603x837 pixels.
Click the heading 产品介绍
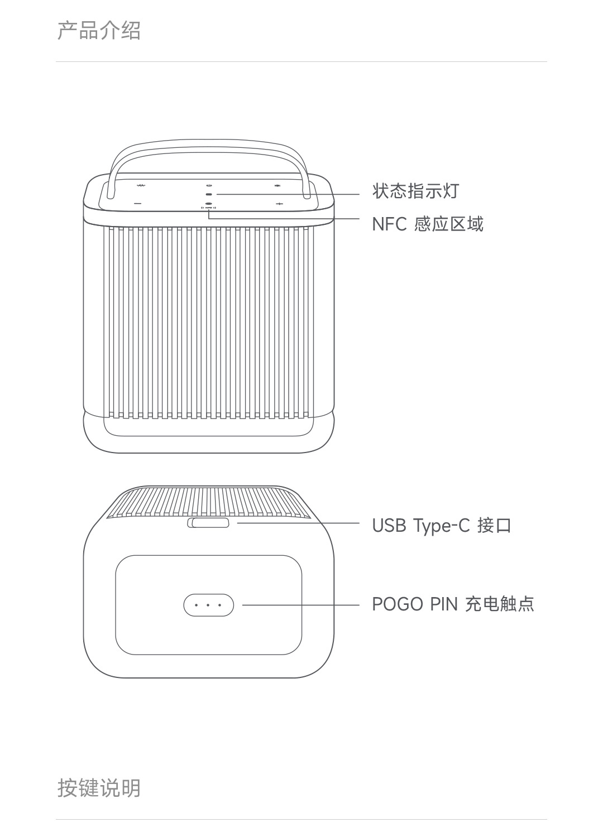[x=99, y=30]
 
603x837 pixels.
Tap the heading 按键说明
[x=99, y=788]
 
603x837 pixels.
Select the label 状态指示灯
[x=415, y=191]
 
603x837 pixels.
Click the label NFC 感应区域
[x=428, y=224]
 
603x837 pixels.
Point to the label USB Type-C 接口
[x=442, y=525]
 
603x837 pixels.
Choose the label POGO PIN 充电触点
[x=453, y=604]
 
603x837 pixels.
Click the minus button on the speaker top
[x=138, y=204]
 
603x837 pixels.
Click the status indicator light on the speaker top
[x=209, y=194]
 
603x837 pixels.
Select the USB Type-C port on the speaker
[x=208, y=523]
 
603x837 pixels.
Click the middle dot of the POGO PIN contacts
[x=208, y=605]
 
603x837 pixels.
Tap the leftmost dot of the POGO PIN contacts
[x=197, y=605]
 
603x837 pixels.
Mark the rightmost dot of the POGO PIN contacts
[x=221, y=605]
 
